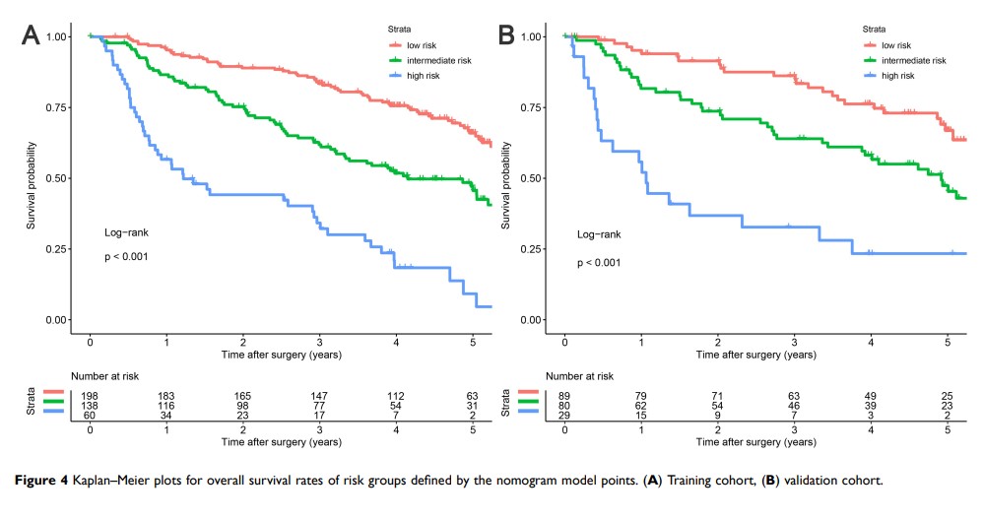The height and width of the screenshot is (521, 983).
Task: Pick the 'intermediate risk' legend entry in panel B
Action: (912, 60)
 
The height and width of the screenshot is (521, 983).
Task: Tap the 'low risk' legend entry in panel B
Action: (895, 44)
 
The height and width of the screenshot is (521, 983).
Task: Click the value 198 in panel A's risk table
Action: (90, 396)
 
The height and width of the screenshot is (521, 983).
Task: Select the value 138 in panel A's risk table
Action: (90, 407)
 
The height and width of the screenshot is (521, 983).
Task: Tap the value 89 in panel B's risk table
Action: (563, 396)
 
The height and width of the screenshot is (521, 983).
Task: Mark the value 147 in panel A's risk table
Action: (319, 396)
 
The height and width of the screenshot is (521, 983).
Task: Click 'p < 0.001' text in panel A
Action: (127, 258)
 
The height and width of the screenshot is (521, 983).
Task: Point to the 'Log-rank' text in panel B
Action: (599, 234)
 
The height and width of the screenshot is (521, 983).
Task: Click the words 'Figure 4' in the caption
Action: (44, 482)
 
